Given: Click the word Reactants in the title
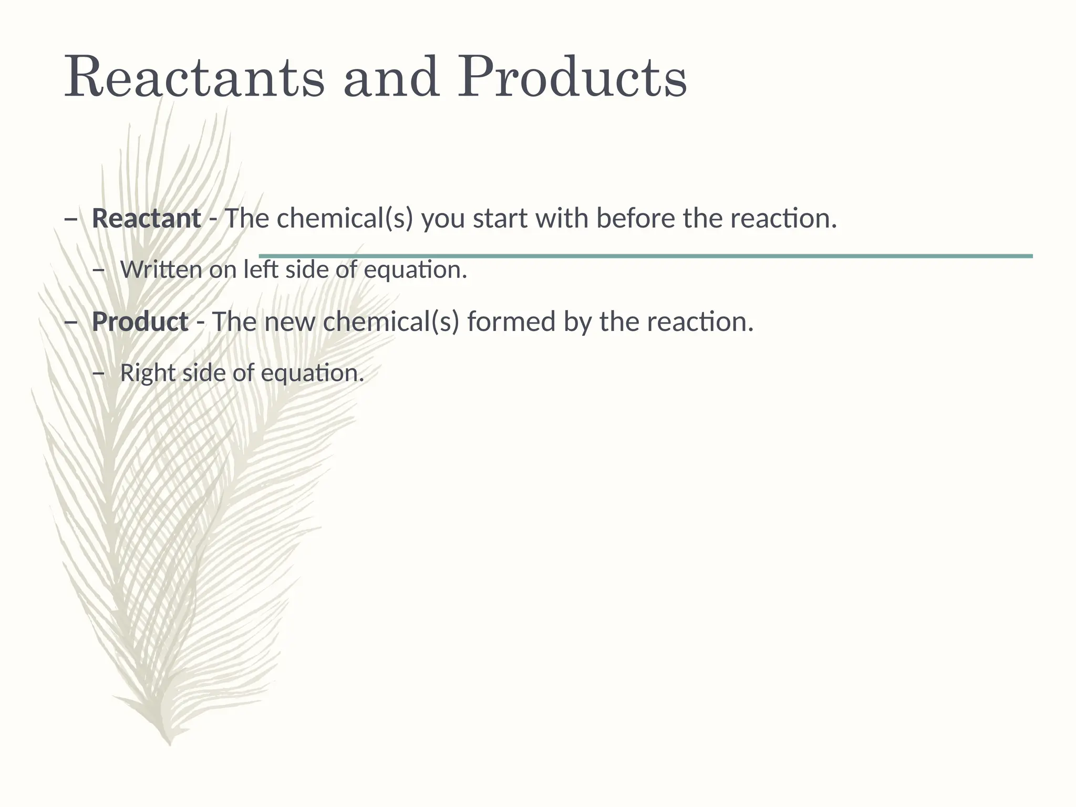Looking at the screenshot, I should point(194,78).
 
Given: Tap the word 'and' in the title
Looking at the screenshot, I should point(391,78).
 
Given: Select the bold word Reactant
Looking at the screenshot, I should point(146,219).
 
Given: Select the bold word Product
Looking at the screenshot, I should point(140,322).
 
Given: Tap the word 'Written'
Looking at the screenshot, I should point(161,270).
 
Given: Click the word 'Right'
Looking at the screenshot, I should point(147,373).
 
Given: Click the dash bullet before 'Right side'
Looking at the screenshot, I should point(98,374).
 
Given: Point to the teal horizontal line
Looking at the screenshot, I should point(646,256).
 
